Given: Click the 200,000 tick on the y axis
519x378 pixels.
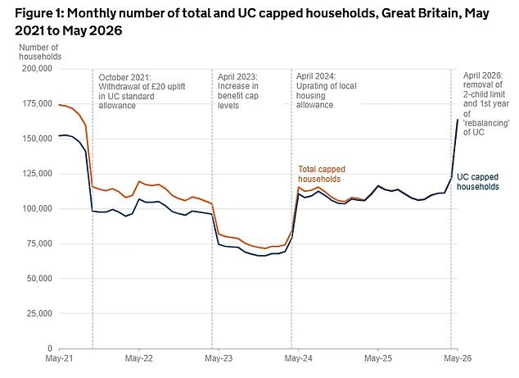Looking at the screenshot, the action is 37,69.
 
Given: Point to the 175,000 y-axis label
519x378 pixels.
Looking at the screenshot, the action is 37,104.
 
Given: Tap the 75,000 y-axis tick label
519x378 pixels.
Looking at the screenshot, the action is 39,244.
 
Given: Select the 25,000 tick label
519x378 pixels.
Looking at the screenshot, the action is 39,314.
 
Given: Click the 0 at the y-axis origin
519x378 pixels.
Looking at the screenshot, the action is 50,348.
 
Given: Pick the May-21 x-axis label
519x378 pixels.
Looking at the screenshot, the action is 59,358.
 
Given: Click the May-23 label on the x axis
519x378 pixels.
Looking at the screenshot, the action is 219,358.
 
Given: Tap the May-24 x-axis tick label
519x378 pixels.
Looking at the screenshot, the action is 298,358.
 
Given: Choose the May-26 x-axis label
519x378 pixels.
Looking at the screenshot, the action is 458,358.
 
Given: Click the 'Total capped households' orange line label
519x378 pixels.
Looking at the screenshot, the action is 322,174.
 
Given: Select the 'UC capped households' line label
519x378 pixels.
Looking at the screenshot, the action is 477,182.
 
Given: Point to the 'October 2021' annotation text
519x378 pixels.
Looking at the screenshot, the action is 124,78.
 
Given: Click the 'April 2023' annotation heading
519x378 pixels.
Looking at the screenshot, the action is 237,77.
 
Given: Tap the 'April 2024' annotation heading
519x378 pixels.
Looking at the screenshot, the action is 316,76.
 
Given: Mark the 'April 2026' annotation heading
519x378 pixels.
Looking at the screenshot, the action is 483,75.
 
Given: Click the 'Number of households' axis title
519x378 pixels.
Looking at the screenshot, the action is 40,52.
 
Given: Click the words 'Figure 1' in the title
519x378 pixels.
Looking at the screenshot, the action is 39,14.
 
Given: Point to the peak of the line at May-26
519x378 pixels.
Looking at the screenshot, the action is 458,120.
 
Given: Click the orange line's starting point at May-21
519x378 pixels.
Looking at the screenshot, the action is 59,105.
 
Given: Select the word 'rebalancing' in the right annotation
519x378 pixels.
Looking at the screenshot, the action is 486,123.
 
